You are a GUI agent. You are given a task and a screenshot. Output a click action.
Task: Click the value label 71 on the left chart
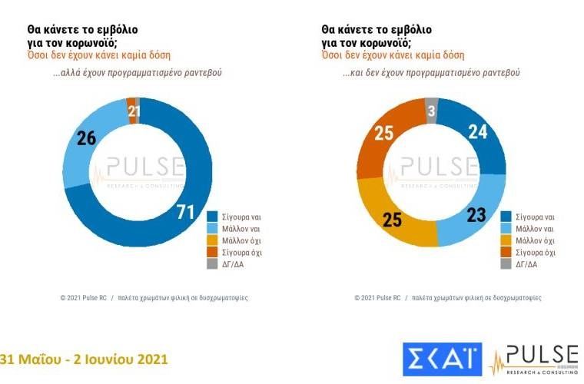185,212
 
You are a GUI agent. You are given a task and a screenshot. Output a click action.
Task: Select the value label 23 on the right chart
476,215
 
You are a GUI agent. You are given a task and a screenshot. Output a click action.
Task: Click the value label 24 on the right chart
478,131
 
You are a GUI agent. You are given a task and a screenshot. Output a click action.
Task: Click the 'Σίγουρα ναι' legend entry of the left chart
234,216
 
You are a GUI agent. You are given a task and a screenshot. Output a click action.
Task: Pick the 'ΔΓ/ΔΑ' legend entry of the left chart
227,265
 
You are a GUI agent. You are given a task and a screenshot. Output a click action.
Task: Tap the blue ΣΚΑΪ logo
442,360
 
